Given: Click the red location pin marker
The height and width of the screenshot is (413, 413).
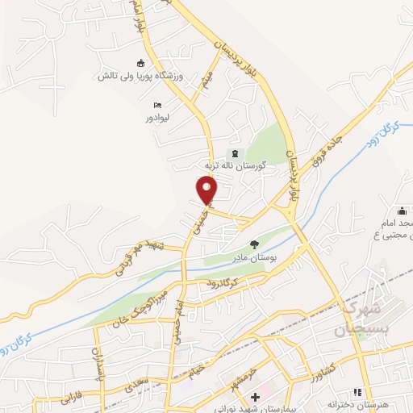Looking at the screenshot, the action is (207, 191).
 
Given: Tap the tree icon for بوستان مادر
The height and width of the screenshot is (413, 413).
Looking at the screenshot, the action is (254, 244).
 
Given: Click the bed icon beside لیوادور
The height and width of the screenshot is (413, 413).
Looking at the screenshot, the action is (157, 105).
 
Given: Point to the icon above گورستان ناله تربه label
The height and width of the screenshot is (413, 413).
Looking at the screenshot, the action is (235, 153).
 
